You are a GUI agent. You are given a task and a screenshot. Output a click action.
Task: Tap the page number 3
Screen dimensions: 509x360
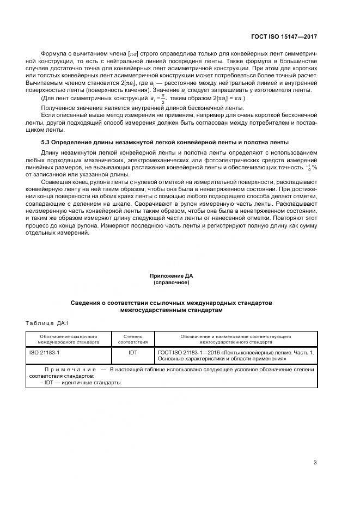[315, 463]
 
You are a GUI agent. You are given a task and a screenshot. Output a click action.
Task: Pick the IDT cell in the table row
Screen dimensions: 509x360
[133, 353]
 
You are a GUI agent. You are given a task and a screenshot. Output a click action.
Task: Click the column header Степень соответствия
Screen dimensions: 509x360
[133, 340]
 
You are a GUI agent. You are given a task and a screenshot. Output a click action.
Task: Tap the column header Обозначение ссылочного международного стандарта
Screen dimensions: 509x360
[69, 340]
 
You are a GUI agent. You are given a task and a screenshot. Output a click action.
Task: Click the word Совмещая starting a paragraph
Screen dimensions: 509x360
[56, 181]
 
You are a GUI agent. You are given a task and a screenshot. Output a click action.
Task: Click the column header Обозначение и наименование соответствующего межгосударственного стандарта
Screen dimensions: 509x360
[235, 340]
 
